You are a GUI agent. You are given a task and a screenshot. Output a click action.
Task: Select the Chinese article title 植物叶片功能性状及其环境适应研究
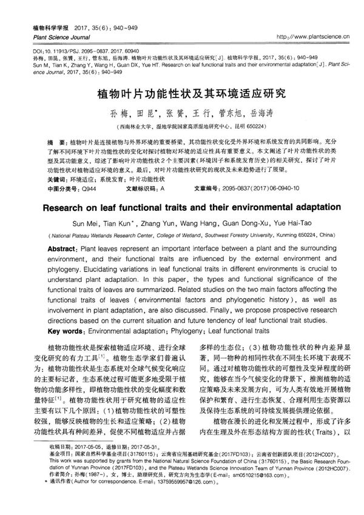coord(182,95)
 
